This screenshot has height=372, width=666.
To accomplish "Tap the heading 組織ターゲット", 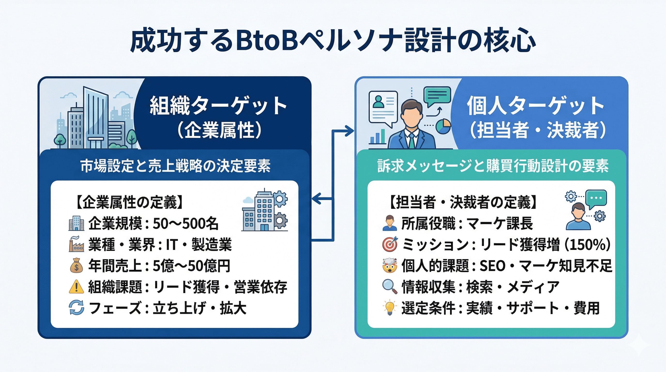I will [x=219, y=106].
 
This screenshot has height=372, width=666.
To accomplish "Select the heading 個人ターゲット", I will [x=535, y=106].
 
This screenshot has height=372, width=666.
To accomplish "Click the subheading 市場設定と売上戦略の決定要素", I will [x=175, y=166].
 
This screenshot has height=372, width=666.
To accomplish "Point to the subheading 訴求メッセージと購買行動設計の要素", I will [x=493, y=166].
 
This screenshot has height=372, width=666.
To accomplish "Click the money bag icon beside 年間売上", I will [x=76, y=266].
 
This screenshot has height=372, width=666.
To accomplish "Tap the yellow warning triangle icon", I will [x=76, y=287].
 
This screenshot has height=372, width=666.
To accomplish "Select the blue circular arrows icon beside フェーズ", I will [x=76, y=308].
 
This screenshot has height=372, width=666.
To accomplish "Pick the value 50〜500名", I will [x=186, y=224].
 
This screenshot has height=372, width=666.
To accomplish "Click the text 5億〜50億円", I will [x=191, y=266].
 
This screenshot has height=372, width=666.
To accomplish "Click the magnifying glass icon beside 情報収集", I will [x=390, y=287].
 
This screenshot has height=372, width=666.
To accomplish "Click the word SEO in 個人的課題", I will [x=492, y=266].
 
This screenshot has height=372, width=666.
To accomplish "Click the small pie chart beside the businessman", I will [x=443, y=126].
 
